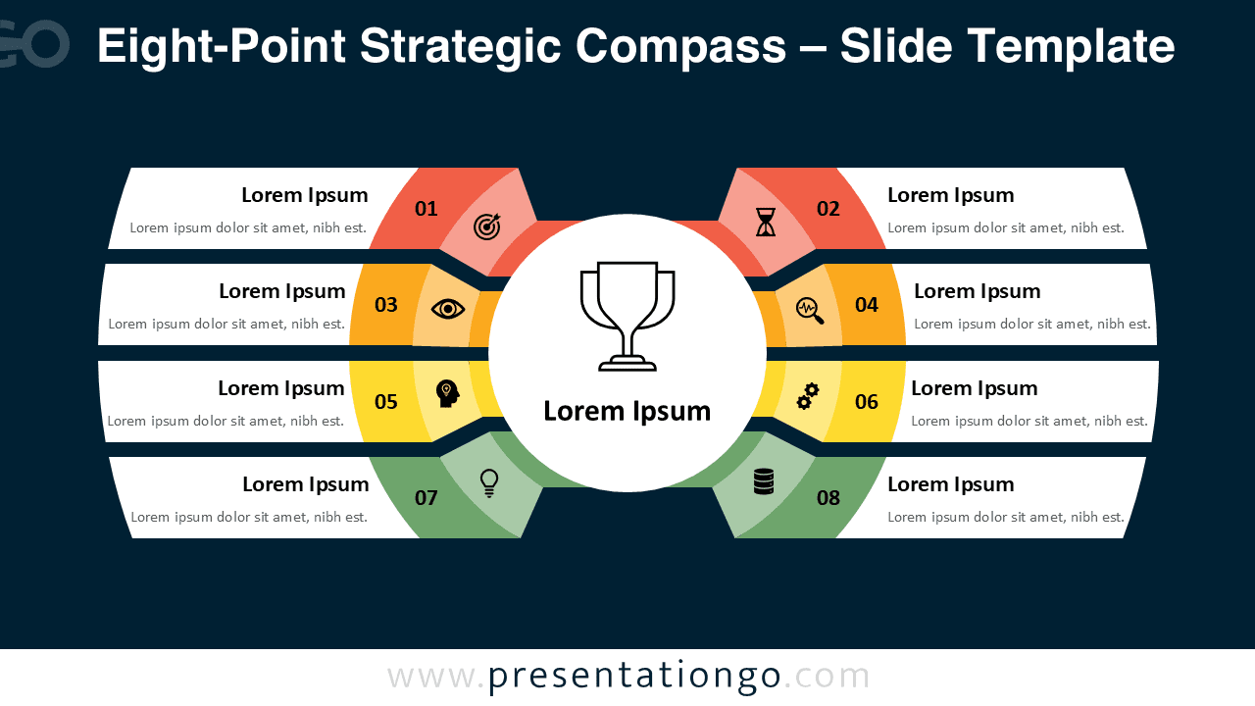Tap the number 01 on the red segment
click(x=427, y=208)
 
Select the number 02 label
click(x=828, y=208)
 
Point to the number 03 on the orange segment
click(x=386, y=305)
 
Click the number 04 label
click(x=867, y=305)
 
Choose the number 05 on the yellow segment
click(x=386, y=401)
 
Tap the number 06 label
click(x=867, y=401)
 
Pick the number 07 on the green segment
click(x=427, y=498)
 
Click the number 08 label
click(x=828, y=498)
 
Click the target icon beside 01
click(x=487, y=227)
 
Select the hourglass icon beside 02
click(x=765, y=223)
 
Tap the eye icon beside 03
click(x=448, y=309)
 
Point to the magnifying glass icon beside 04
click(x=810, y=310)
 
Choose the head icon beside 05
click(x=447, y=394)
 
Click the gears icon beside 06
click(x=808, y=396)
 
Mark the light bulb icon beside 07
click(x=488, y=482)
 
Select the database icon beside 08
click(x=764, y=481)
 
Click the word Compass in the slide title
click(x=680, y=46)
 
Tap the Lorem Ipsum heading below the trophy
click(x=627, y=411)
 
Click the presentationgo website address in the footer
click(x=628, y=676)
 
